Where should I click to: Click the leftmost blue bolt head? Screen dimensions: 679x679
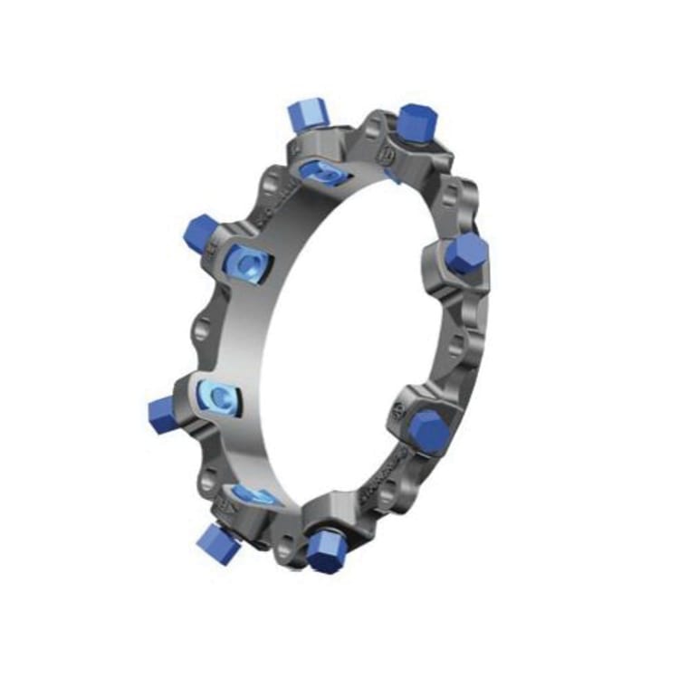tap(159, 411)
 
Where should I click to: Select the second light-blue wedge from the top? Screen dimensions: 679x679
tap(245, 265)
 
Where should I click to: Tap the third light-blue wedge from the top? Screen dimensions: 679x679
tap(217, 396)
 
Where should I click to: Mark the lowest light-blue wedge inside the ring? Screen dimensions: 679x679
tap(253, 493)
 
